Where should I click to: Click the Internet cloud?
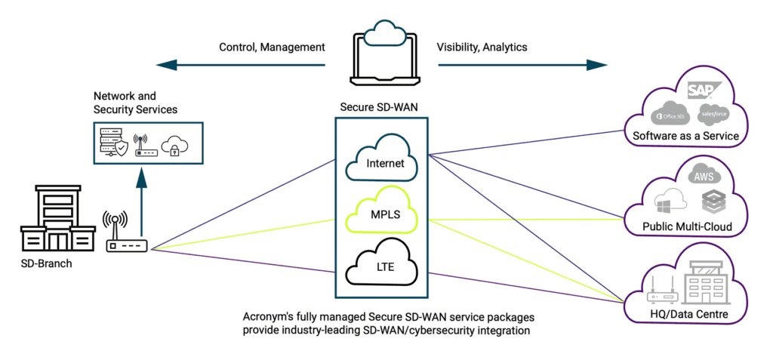point(381,158)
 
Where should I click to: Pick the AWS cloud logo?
point(703,175)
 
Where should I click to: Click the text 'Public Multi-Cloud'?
point(687,226)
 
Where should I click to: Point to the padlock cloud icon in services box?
point(174,143)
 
